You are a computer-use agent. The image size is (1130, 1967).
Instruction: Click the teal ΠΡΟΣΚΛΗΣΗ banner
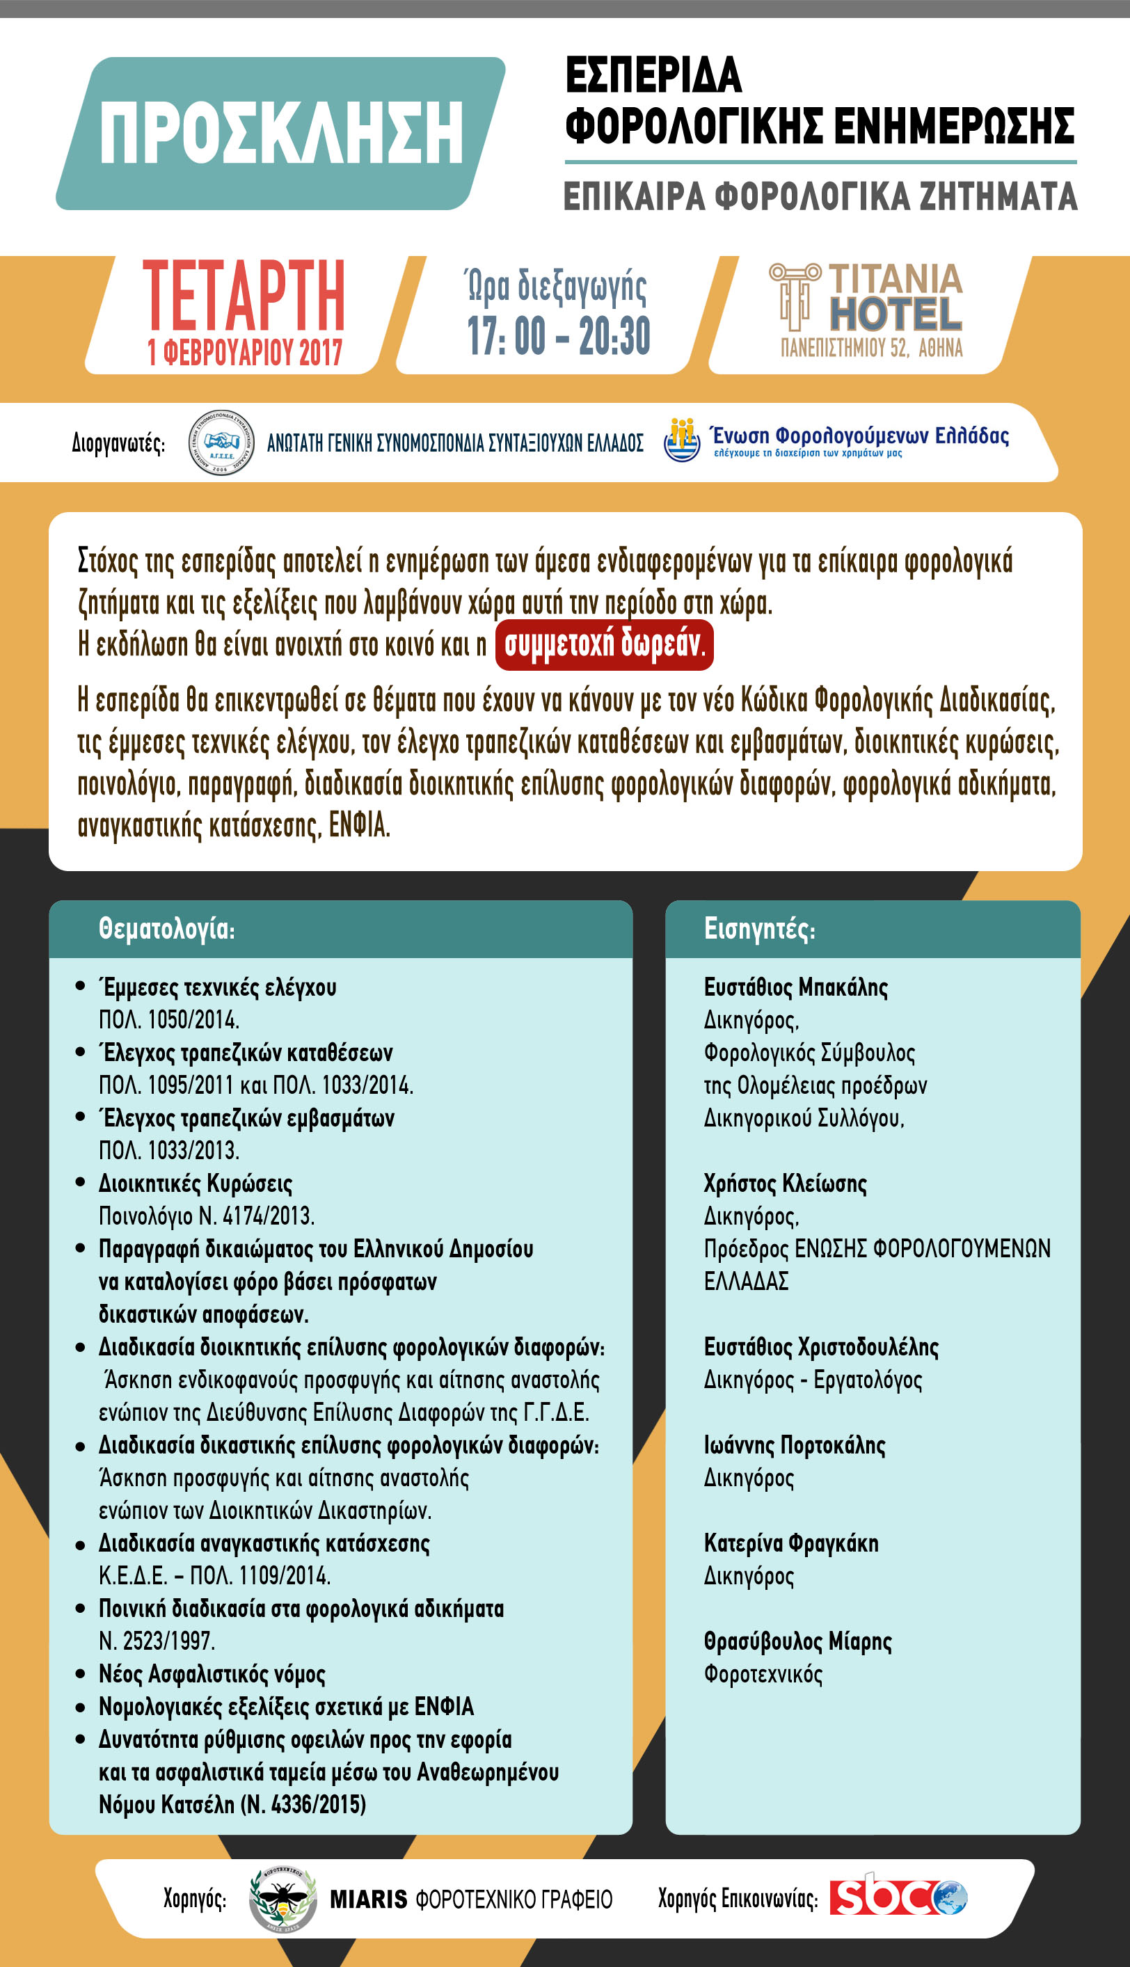(281, 134)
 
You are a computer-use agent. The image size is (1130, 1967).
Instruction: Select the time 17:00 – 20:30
(558, 336)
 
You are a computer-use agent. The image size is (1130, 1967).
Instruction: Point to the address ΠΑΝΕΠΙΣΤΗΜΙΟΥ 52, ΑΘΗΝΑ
(870, 349)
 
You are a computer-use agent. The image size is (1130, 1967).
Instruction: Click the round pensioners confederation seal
(221, 443)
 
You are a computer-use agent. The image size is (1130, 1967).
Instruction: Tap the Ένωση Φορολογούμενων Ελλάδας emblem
(682, 440)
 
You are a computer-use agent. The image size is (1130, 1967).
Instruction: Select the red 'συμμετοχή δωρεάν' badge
(604, 645)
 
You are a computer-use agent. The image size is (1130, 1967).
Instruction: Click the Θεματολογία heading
(166, 929)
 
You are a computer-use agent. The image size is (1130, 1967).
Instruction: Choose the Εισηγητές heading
(759, 929)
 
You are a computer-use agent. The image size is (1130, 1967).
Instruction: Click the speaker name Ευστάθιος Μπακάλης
(795, 987)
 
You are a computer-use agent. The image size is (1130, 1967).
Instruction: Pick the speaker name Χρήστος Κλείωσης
(785, 1184)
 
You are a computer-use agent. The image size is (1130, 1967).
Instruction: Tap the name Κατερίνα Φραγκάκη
(791, 1543)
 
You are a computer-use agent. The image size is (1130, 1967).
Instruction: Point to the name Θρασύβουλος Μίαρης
(797, 1641)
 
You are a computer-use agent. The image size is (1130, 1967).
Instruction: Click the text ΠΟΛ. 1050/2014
(168, 1019)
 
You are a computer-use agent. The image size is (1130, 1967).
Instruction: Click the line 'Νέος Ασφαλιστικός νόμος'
(211, 1673)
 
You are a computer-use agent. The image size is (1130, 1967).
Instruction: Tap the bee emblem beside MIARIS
(282, 1899)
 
